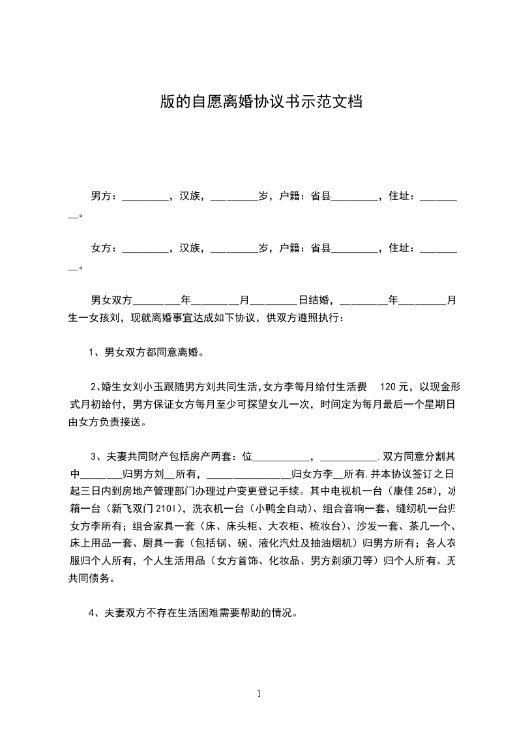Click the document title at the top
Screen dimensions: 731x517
261,102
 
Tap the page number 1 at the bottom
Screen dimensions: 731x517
259,694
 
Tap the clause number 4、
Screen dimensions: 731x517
95,612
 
